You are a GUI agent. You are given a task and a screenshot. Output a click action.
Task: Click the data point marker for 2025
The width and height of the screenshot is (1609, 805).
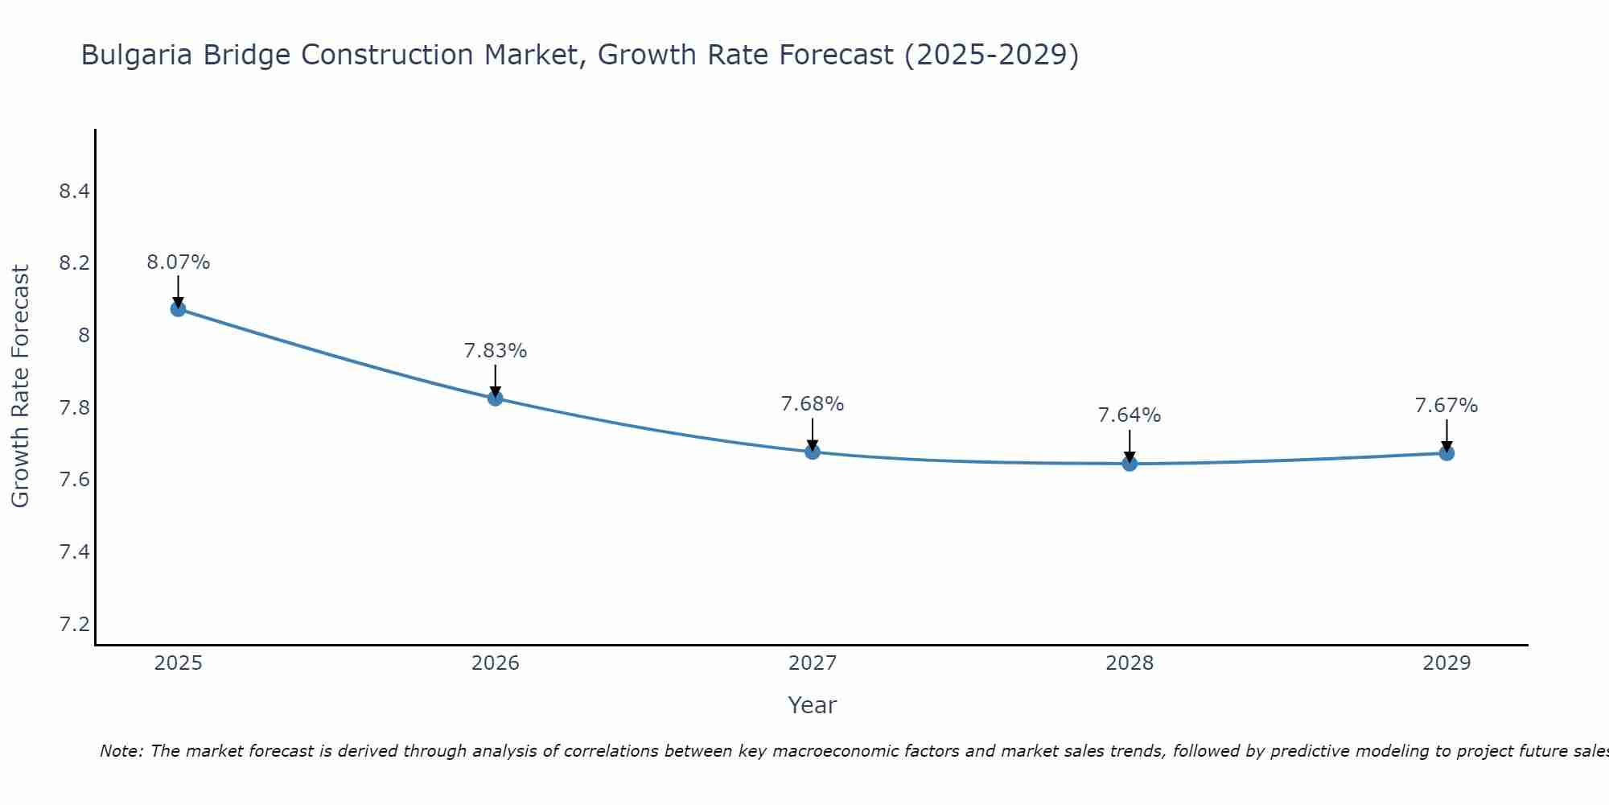(178, 309)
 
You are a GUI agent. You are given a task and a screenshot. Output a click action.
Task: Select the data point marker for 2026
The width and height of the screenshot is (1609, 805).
(495, 398)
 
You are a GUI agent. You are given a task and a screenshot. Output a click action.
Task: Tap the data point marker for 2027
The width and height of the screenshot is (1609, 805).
(812, 452)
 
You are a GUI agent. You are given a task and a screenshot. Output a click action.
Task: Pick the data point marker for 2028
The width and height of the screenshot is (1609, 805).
(1130, 463)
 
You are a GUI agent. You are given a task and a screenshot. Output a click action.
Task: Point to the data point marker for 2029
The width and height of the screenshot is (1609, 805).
(1446, 453)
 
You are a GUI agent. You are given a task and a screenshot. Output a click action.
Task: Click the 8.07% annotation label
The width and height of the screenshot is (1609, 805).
(178, 262)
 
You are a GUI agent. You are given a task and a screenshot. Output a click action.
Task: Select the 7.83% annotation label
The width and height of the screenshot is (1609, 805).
(495, 351)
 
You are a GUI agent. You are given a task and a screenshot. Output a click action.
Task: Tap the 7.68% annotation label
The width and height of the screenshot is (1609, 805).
(812, 404)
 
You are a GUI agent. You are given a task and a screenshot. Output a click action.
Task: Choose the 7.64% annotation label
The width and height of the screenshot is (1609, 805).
(1130, 415)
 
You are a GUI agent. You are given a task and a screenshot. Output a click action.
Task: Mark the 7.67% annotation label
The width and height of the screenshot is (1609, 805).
(1446, 406)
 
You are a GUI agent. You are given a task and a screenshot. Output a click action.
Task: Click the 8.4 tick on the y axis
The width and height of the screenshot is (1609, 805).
(74, 192)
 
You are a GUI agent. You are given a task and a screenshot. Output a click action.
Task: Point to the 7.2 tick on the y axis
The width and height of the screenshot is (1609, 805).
(74, 625)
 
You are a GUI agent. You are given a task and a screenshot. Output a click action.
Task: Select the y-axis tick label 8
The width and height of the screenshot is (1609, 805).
(84, 336)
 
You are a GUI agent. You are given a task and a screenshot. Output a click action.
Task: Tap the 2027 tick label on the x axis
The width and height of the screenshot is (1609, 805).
(812, 663)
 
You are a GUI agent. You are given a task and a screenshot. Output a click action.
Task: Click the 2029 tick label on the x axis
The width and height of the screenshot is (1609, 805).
(1446, 663)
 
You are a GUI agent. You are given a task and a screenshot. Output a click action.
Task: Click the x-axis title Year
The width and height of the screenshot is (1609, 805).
(812, 705)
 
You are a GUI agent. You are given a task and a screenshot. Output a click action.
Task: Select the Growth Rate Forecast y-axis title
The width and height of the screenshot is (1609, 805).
(20, 386)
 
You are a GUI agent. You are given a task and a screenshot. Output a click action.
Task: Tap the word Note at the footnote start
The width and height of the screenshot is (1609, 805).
(121, 751)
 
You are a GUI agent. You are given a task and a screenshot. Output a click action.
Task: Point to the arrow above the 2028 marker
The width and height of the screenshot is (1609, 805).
(1130, 444)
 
